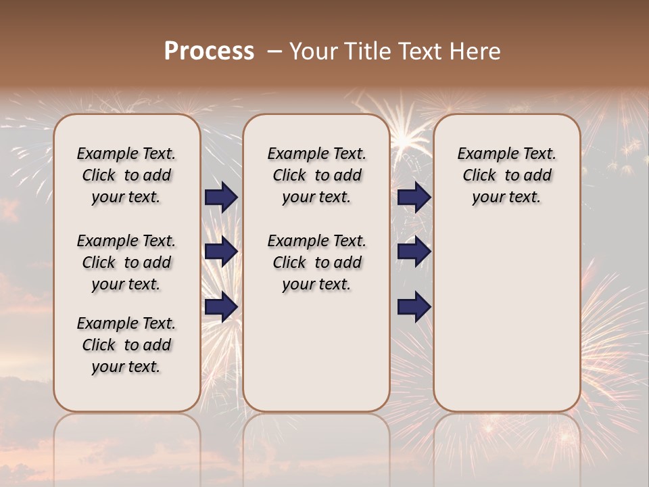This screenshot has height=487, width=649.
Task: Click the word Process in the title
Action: click(x=209, y=51)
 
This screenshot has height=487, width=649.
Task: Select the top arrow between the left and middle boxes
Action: click(x=221, y=197)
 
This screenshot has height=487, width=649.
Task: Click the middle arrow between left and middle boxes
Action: click(x=221, y=252)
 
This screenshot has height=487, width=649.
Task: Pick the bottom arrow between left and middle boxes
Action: click(x=221, y=307)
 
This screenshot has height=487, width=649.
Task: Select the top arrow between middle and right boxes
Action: click(x=414, y=197)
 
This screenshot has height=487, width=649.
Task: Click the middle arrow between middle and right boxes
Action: click(x=414, y=252)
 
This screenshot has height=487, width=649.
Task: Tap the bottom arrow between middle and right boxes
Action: click(x=414, y=307)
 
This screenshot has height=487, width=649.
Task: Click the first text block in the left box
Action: click(x=126, y=175)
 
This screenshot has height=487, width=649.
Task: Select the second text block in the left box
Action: click(x=126, y=262)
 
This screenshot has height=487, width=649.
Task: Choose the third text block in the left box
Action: click(x=126, y=345)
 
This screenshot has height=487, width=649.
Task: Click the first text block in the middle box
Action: click(x=316, y=175)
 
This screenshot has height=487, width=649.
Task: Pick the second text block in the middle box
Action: click(x=316, y=262)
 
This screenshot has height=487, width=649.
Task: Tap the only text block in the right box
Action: click(x=506, y=175)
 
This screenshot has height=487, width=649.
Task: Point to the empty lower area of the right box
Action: click(x=506, y=318)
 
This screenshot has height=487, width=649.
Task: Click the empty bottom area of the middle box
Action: click(x=316, y=358)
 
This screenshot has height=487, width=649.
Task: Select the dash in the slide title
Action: click(x=274, y=51)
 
